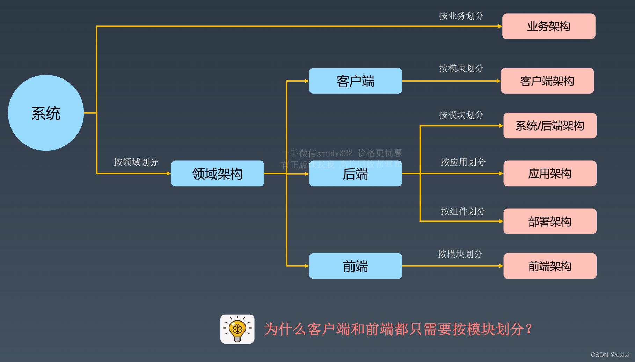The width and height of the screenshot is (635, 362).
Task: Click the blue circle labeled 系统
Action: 46,113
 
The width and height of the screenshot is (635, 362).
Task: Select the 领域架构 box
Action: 217,173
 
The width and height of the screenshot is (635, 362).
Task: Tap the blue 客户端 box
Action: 355,81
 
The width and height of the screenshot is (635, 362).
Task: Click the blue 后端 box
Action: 355,174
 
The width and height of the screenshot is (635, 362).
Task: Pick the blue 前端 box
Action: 355,266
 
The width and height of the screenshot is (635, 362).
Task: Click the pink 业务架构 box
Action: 548,26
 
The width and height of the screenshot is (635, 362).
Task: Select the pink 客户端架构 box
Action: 547,81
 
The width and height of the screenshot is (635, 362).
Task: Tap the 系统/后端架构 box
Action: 549,126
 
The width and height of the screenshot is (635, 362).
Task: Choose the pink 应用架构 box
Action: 549,173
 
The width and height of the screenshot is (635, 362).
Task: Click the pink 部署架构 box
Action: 549,221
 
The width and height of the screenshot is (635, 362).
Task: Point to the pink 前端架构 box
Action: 549,266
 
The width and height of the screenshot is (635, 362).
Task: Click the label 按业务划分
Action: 461,16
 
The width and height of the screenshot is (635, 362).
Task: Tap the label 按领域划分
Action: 136,162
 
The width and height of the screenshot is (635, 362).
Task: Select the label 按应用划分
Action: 463,162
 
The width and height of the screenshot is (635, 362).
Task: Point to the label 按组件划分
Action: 463,211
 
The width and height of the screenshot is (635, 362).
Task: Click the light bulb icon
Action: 238,329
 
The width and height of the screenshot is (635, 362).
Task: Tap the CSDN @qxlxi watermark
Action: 610,355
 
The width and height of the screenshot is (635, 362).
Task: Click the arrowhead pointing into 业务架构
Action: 500,26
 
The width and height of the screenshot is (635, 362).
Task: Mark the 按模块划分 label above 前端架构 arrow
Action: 460,254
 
